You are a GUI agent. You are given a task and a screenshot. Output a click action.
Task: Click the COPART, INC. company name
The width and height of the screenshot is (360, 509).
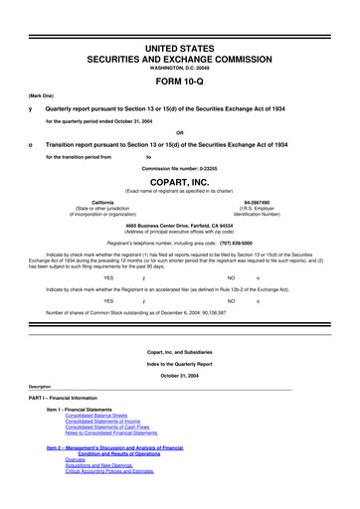click(179, 183)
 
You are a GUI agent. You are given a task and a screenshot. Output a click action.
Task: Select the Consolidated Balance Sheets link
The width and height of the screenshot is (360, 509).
click(102, 417)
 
